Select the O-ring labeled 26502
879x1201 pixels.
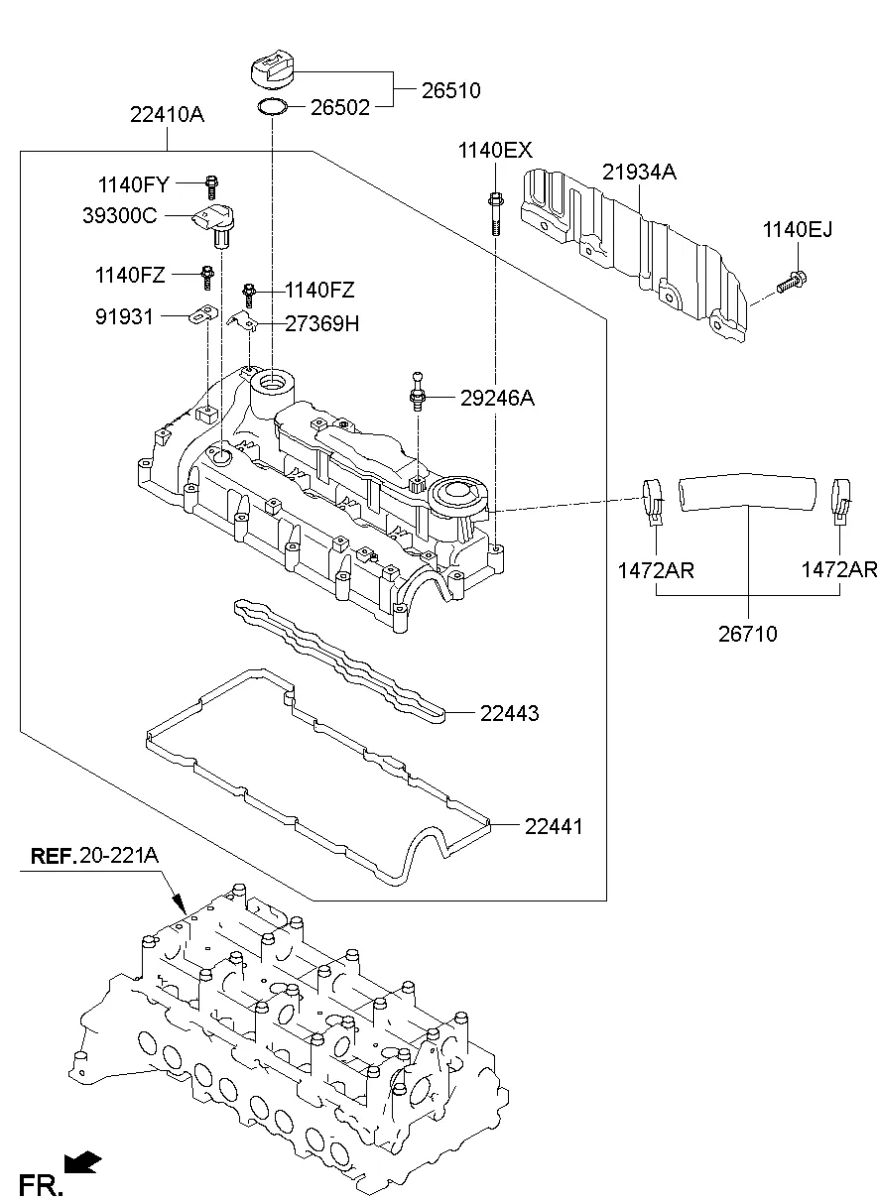pyautogui.click(x=272, y=106)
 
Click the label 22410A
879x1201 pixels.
pyautogui.click(x=167, y=115)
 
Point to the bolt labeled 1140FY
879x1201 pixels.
pyautogui.click(x=211, y=183)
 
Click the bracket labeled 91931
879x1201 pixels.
pyautogui.click(x=203, y=316)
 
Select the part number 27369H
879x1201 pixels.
pyautogui.click(x=322, y=324)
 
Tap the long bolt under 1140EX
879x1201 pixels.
pyautogui.click(x=494, y=210)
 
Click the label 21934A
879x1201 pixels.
pyautogui.click(x=639, y=173)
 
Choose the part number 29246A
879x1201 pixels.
pyautogui.click(x=497, y=399)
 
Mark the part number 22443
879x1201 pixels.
pyautogui.click(x=510, y=713)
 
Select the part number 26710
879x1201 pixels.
pyautogui.click(x=748, y=634)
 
